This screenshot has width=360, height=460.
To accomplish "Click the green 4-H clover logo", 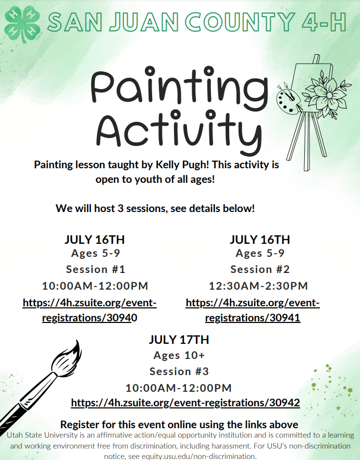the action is tap(22, 24).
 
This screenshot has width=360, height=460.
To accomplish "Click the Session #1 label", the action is tap(96, 269).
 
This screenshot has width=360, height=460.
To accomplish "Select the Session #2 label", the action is tap(260, 269).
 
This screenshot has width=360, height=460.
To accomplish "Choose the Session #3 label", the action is tap(179, 371).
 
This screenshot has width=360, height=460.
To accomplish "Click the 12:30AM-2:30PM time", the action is tap(258, 285).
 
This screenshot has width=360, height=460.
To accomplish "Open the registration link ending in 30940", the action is tap(90, 310).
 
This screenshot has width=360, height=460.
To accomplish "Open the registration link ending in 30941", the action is tap(253, 310).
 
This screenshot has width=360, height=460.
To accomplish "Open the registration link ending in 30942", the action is tap(185, 403).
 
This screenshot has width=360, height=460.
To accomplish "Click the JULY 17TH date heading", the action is tap(179, 340).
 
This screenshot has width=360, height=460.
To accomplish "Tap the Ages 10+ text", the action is tap(179, 355).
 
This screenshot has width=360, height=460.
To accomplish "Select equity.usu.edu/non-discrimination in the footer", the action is tap(198, 456).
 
